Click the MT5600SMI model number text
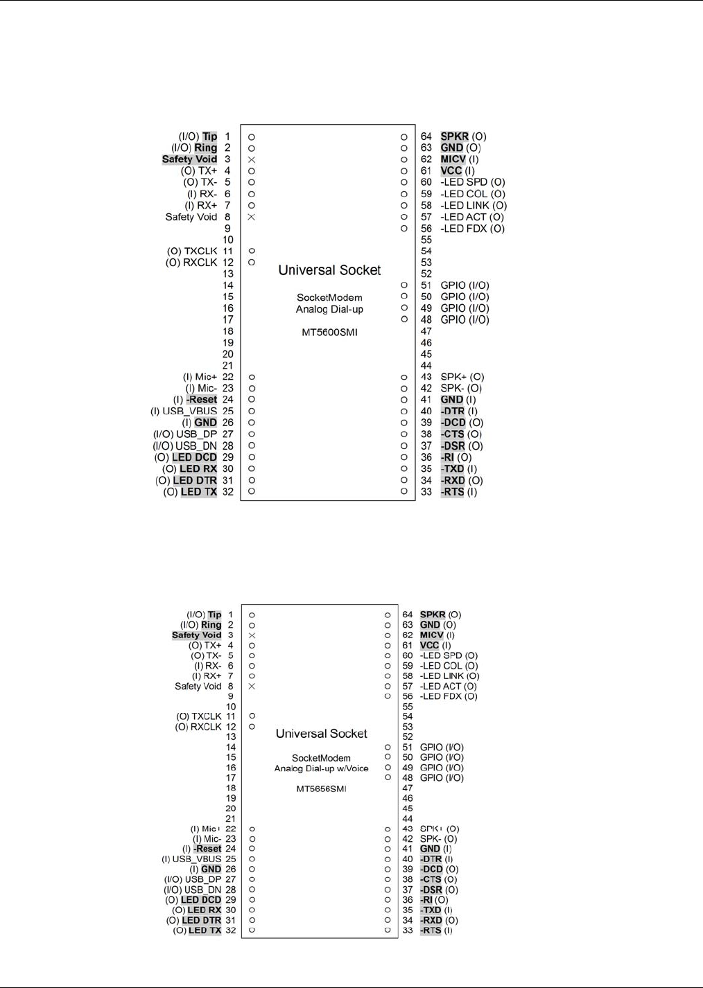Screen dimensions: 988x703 [329, 333]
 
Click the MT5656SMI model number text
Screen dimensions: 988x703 [321, 789]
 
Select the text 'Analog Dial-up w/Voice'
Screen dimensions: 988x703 [321, 768]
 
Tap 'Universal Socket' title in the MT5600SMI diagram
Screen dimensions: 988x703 [329, 270]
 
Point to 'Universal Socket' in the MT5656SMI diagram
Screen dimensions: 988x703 [322, 734]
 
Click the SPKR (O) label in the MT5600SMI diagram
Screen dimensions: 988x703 [463, 136]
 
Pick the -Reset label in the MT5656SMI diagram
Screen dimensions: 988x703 [207, 849]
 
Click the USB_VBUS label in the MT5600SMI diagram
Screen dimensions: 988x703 [189, 411]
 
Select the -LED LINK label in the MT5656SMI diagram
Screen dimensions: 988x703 [449, 676]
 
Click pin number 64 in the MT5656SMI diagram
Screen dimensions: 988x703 [408, 615]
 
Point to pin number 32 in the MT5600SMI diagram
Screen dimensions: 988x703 [228, 492]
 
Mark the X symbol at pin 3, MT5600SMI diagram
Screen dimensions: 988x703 [252, 159]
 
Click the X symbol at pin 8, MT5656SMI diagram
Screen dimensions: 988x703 [252, 687]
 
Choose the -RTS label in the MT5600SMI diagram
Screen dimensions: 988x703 [458, 492]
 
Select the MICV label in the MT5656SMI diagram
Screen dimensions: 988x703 [437, 635]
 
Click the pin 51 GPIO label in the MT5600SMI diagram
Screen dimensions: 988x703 [465, 285]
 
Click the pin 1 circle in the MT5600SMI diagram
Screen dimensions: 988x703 [252, 136]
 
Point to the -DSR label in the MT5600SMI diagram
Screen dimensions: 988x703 [461, 446]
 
